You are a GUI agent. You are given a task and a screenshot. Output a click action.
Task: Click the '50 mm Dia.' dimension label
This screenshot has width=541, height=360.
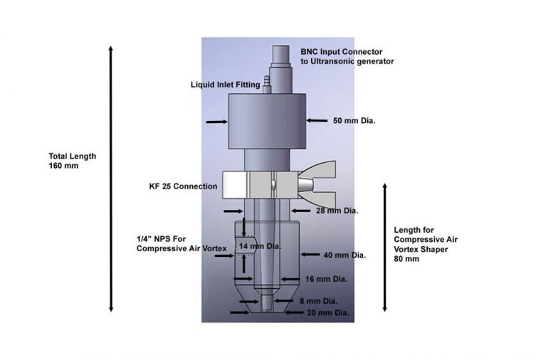point(354,121)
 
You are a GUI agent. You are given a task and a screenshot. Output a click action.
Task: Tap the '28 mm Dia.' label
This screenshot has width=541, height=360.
point(337,211)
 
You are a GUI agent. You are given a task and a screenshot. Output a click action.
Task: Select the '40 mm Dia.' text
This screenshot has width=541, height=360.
point(344,255)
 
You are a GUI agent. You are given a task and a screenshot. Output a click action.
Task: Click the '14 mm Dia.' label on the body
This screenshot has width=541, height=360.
point(261,246)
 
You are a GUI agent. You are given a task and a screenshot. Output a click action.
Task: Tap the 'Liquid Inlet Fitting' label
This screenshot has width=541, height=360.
point(225,85)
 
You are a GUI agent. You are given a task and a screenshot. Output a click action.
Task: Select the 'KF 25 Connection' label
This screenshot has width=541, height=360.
point(179,186)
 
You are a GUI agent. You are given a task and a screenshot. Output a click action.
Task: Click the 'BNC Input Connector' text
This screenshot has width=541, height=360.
point(342,51)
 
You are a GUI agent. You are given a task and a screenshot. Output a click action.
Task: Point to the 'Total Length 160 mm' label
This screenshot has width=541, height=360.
point(72,161)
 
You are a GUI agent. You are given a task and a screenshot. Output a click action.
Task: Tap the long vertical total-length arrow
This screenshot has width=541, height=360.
point(111,178)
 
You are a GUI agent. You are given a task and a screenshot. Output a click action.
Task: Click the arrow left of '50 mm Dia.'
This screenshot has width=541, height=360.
point(312,121)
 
